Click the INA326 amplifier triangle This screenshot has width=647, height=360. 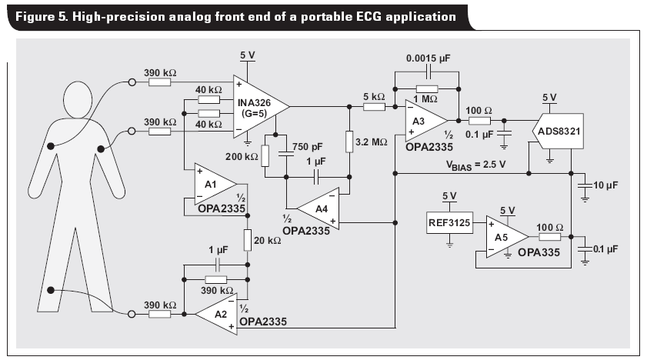tap(258, 107)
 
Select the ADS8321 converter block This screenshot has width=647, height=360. tap(559, 131)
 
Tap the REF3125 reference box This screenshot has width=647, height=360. tap(449, 222)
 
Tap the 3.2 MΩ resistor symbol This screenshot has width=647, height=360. tap(349, 142)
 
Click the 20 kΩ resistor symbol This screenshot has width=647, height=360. tap(247, 241)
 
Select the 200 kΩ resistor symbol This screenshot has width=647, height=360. tap(265, 156)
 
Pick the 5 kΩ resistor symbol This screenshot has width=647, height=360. tap(374, 107)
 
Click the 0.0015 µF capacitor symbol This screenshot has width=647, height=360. tap(428, 73)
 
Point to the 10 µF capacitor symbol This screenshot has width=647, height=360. tap(585, 185)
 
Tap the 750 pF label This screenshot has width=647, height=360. tap(308, 147)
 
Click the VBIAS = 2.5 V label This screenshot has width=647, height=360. tap(475, 165)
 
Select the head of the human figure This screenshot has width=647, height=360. tap(78, 99)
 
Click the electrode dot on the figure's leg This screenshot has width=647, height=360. tap(51, 290)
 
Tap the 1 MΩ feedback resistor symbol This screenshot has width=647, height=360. tap(427, 89)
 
